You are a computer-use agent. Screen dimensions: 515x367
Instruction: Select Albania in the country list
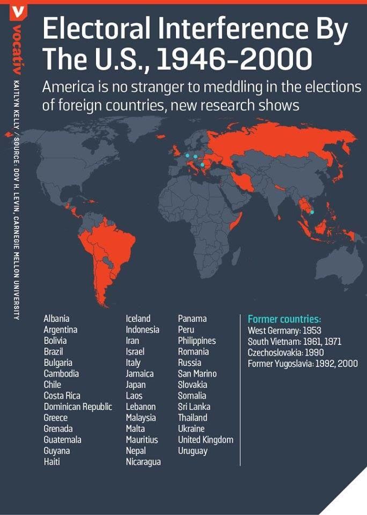pos(56,319)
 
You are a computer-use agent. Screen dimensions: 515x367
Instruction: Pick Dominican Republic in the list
pos(78,407)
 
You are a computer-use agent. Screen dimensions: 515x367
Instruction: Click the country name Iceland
pos(138,319)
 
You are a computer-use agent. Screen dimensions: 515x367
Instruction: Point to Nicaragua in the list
pos(143,462)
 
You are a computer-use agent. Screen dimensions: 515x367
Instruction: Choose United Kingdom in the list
pos(205,440)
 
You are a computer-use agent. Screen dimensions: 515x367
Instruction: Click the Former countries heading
pos(284,319)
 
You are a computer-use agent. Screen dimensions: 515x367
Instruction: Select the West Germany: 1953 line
pos(284,330)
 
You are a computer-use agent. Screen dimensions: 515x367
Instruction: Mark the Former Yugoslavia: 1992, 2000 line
pos(303,364)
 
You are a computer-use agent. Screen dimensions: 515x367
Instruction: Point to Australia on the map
pos(334,263)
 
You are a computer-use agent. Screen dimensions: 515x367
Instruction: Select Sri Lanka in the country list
pos(194,407)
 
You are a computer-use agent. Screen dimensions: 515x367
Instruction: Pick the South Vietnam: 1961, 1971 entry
pos(295,342)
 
